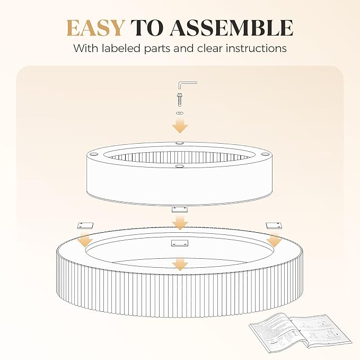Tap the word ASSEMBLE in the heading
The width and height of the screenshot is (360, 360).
tap(231, 28)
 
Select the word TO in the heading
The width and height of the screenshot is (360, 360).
tap(147, 28)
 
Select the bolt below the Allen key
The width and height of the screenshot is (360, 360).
tap(180, 100)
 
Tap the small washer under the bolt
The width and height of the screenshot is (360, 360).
tap(180, 113)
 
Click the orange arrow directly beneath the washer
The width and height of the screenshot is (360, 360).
tap(180, 125)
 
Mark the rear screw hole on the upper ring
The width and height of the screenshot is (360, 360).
tap(180, 143)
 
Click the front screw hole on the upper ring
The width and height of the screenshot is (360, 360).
tap(180, 165)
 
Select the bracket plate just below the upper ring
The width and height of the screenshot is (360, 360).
tap(180, 209)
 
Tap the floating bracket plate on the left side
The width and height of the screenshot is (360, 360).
tap(85, 225)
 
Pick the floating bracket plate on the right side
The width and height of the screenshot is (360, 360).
tap(274, 225)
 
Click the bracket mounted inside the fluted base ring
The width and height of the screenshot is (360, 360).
tap(180, 243)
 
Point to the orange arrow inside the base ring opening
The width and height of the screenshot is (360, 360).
tap(180, 264)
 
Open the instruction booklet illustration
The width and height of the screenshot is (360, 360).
tap(301, 330)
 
